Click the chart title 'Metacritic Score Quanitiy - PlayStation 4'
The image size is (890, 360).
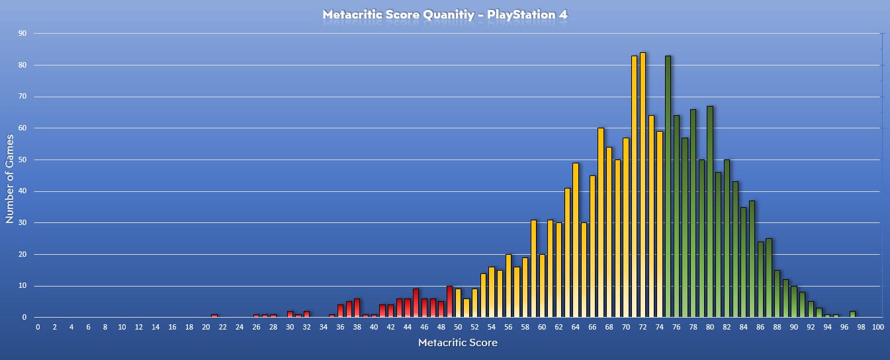pyautogui.click(x=445, y=14)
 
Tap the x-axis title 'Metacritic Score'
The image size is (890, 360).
pyautogui.click(x=458, y=342)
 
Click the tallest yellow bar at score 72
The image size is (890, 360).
pyautogui.click(x=643, y=185)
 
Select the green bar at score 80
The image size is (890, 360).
pyautogui.click(x=710, y=212)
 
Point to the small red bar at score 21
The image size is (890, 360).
pyautogui.click(x=214, y=316)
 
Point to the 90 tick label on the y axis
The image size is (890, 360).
pyautogui.click(x=22, y=33)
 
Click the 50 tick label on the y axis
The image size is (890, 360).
pyautogui.click(x=22, y=159)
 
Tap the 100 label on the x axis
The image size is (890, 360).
pyautogui.click(x=877, y=328)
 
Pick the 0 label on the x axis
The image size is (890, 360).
pyautogui.click(x=38, y=328)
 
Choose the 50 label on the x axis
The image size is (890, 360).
pyautogui.click(x=458, y=328)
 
